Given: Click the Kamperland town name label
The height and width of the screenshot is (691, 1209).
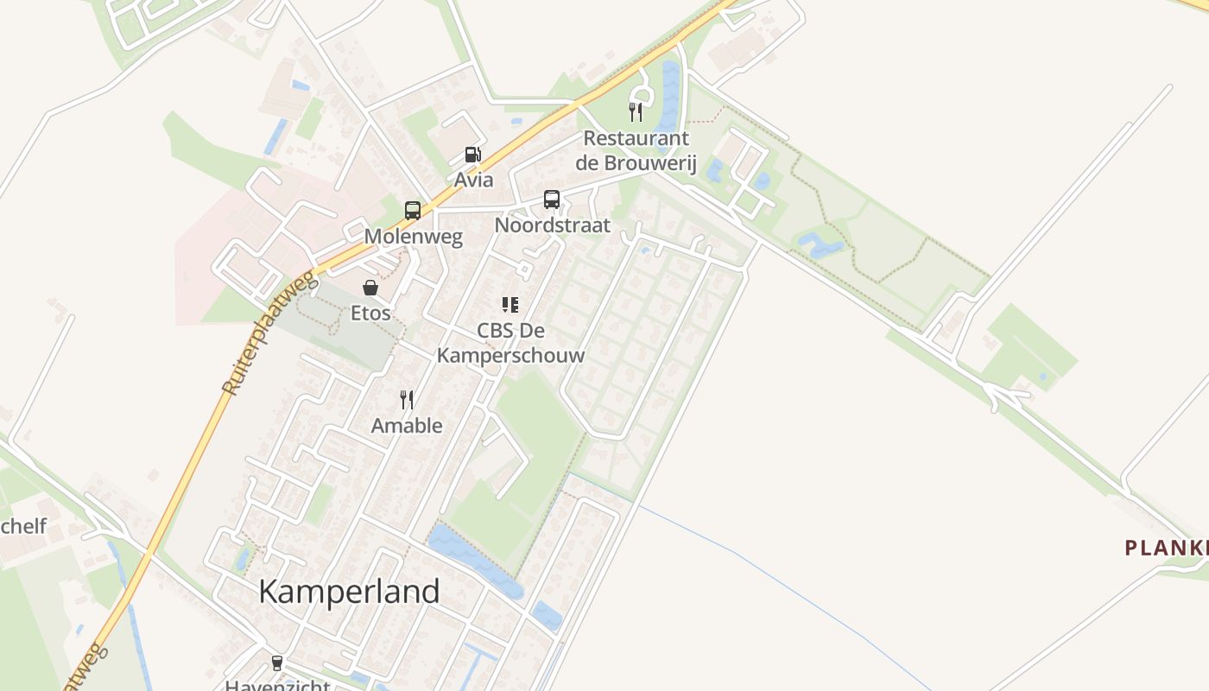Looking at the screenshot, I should [349, 592].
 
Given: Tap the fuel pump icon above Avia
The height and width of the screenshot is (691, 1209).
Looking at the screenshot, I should [472, 155].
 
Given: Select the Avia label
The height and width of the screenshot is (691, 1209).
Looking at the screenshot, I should [474, 180].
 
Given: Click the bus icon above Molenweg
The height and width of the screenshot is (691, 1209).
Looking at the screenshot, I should [413, 210].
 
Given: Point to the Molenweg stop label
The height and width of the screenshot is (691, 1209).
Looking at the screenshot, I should [413, 237].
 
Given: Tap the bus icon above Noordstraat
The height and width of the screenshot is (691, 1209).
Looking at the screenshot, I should [552, 200].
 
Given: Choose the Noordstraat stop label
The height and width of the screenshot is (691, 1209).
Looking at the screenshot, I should [552, 225].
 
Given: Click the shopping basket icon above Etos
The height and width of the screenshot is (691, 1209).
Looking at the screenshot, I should [370, 288].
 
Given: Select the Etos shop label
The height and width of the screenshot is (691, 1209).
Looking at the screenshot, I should [370, 313].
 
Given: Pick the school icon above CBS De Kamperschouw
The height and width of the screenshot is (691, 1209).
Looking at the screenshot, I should [510, 304].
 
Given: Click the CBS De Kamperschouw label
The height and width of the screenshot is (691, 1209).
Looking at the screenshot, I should [510, 343].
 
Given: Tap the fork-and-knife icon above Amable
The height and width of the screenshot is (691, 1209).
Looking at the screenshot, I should [407, 399].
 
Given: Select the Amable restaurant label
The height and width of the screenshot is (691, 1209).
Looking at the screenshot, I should [407, 425].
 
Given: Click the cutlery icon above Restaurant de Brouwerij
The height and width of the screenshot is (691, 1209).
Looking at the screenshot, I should [636, 111].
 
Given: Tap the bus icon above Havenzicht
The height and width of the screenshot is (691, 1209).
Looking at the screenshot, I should [276, 663].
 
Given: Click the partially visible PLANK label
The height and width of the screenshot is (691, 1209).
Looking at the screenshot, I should [1166, 548].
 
